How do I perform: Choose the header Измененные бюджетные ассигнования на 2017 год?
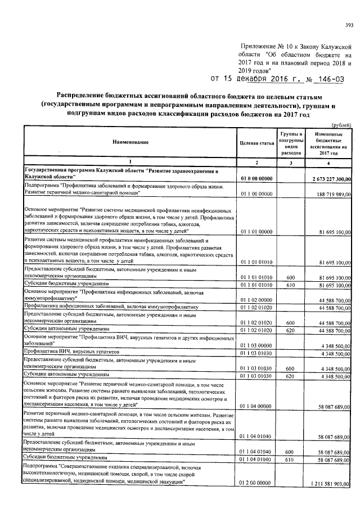click(x=327, y=144)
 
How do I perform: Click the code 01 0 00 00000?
click(x=256, y=179)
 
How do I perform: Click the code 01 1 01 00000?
click(x=256, y=231)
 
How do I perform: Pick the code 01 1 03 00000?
click(x=256, y=345)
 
